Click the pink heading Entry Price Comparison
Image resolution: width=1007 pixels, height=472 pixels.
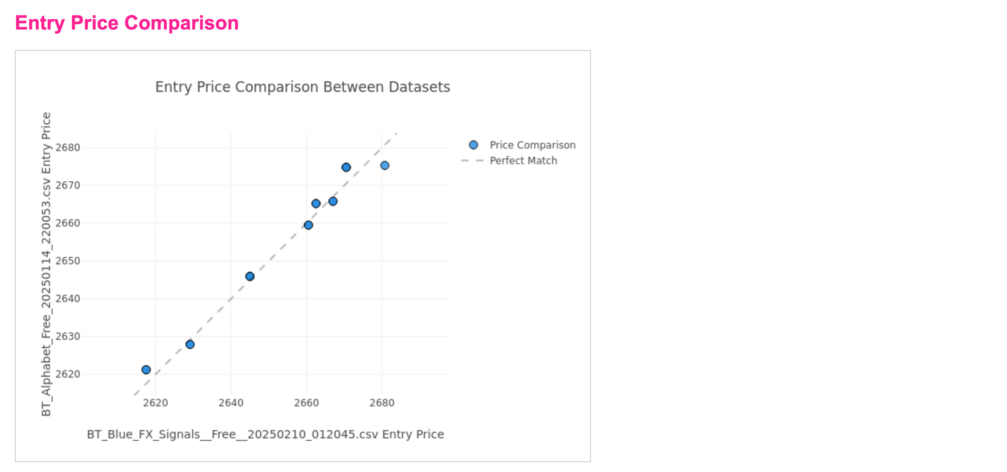click(127, 23)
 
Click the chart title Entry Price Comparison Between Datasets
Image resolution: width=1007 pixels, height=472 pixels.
click(302, 87)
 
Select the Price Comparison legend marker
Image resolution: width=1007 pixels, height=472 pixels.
click(473, 145)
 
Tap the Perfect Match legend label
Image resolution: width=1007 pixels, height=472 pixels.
click(523, 160)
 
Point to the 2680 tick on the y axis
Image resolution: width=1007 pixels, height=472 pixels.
click(68, 147)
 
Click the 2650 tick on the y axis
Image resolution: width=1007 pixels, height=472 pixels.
click(68, 261)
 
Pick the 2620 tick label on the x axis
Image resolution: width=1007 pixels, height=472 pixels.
click(155, 403)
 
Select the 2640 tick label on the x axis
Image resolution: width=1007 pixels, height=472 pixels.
click(231, 403)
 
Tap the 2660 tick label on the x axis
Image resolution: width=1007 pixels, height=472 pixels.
click(306, 403)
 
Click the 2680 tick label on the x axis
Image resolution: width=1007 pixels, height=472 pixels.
click(382, 403)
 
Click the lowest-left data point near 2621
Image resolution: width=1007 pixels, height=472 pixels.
click(146, 370)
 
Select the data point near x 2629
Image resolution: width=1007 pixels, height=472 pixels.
click(190, 344)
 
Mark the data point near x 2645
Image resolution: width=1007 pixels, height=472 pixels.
click(250, 276)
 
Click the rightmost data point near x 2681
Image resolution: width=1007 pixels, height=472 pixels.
click(384, 165)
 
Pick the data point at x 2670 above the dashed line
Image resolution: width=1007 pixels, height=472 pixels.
click(346, 167)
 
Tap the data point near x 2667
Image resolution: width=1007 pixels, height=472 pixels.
click(333, 201)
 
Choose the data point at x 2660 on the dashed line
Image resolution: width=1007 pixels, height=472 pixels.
click(309, 225)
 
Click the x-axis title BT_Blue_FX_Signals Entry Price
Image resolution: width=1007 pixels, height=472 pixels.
click(265, 434)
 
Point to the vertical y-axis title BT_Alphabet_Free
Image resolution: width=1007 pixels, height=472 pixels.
click(46, 264)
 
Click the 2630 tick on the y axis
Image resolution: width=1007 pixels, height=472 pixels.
click(68, 336)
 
